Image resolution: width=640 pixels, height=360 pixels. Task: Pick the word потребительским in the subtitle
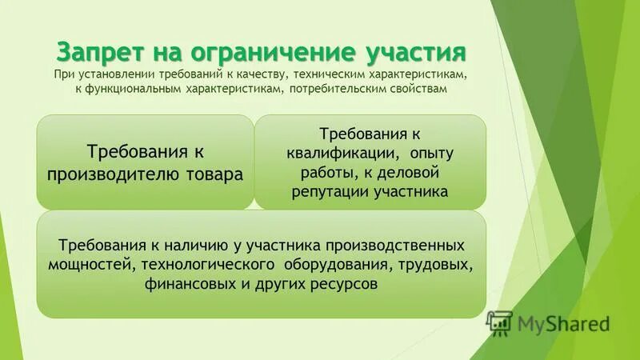click(329, 90)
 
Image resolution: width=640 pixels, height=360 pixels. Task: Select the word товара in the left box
click(214, 174)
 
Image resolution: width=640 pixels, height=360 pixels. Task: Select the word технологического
click(200, 264)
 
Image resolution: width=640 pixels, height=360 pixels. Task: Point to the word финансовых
click(187, 283)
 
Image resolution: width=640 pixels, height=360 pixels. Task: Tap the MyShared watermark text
click(563, 323)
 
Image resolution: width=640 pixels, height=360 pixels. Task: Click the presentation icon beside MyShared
click(499, 322)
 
